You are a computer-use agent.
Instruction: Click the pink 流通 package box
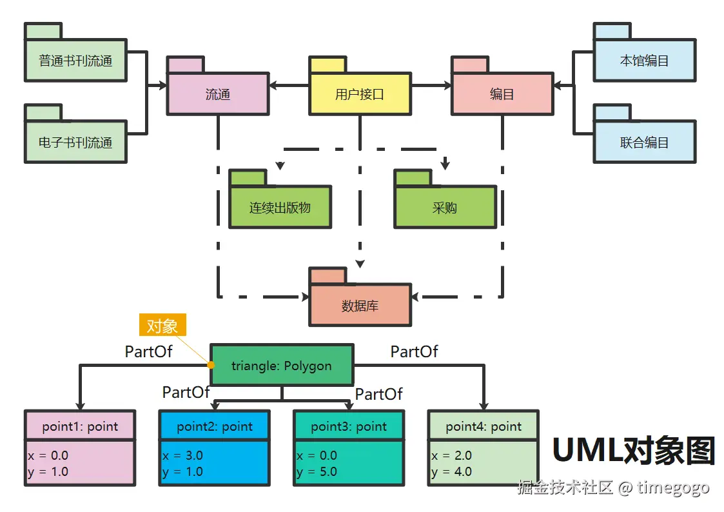tap(217, 94)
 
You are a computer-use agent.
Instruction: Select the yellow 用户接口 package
tap(359, 94)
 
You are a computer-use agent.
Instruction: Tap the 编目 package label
tap(502, 94)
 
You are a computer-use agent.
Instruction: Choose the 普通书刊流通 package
tap(75, 61)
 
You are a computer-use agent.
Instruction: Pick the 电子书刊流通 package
tap(75, 142)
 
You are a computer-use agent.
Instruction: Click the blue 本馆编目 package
tap(644, 61)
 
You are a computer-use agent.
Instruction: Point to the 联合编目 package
tap(644, 142)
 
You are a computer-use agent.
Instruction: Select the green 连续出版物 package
tap(280, 208)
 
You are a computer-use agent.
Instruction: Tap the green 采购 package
tap(445, 208)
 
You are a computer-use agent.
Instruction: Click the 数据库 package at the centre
tap(360, 305)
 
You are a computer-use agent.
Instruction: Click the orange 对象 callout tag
tap(162, 326)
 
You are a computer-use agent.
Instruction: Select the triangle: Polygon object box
tap(282, 366)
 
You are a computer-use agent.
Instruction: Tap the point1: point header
tap(81, 426)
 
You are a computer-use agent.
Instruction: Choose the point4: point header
tap(484, 426)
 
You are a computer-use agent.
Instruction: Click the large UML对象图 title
tap(634, 451)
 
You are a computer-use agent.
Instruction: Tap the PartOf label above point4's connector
tap(414, 351)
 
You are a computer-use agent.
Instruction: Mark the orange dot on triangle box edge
tap(211, 365)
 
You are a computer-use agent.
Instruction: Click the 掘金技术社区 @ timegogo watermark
tap(613, 487)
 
